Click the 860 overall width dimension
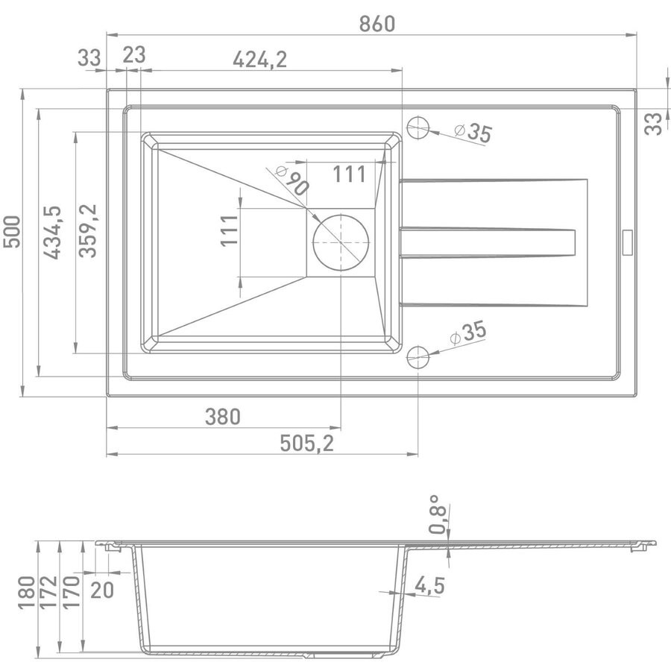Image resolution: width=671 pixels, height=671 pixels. tap(377, 24)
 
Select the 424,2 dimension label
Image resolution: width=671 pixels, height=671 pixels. tap(259, 60)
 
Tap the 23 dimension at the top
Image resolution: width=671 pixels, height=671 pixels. tap(134, 55)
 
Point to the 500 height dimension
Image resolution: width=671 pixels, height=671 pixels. tap(11, 232)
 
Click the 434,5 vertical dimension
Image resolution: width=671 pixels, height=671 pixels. tap(52, 233)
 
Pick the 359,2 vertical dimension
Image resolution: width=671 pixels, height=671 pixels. tap(88, 230)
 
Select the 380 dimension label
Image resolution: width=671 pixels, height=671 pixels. tap(222, 417)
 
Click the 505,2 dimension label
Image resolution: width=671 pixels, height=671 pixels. tap(306, 444)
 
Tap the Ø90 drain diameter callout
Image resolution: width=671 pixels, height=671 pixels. tap(293, 180)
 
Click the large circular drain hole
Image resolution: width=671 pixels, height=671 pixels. tap(341, 242)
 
